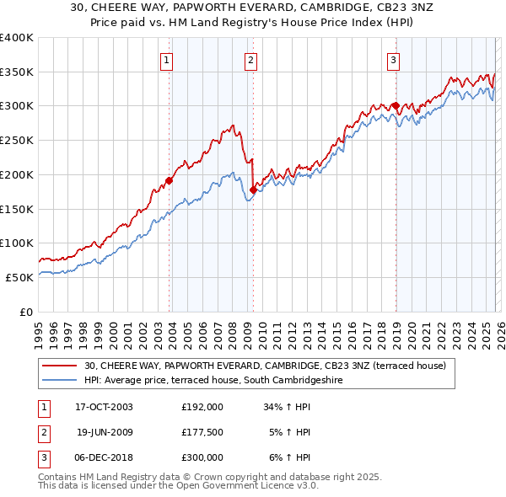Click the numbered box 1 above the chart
tap(167, 60)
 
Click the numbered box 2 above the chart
tap(251, 60)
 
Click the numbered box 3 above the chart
tap(393, 60)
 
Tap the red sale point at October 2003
tap(170, 180)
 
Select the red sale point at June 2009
tap(253, 190)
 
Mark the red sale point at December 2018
tap(395, 106)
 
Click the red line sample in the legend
tap(61, 366)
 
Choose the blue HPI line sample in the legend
tap(61, 380)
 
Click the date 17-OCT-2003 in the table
tap(104, 406)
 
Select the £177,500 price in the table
tap(202, 432)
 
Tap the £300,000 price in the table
tap(202, 457)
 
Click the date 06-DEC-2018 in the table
tap(104, 457)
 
